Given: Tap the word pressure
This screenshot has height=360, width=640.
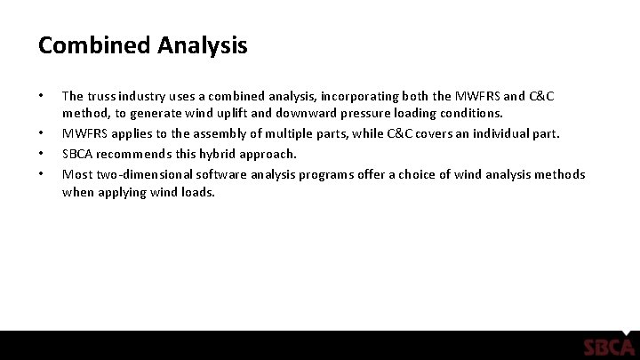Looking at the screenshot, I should click(x=412, y=114).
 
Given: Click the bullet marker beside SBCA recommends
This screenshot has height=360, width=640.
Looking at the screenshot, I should click(x=42, y=153).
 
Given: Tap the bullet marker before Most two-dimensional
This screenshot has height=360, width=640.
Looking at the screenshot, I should click(x=42, y=173).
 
